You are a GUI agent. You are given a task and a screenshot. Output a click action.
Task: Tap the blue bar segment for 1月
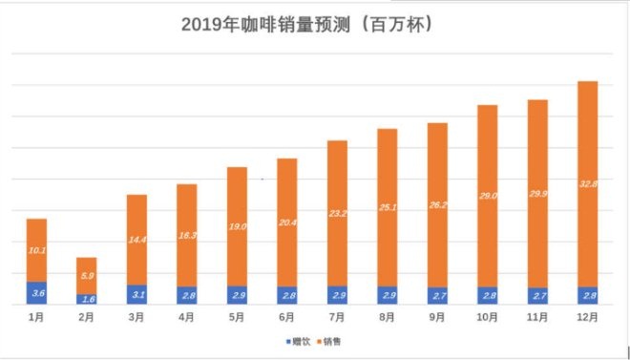pyautogui.click(x=36, y=293)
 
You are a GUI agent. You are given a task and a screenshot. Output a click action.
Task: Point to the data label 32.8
pyautogui.click(x=588, y=183)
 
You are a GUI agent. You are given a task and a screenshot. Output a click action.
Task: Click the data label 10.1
pyautogui.click(x=36, y=250)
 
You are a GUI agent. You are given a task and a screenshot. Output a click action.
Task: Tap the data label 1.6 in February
pyautogui.click(x=87, y=300)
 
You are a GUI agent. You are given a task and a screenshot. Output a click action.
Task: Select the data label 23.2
pyautogui.click(x=337, y=216)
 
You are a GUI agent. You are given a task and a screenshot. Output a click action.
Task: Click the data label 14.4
pyautogui.click(x=136, y=241)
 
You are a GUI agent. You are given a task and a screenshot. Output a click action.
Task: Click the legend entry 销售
pyautogui.click(x=331, y=340)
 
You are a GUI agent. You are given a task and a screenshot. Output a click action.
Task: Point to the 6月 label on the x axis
pyautogui.click(x=287, y=317)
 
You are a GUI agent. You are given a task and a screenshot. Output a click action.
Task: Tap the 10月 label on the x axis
pyautogui.click(x=488, y=317)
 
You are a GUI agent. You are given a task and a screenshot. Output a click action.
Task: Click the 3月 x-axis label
pyautogui.click(x=136, y=317)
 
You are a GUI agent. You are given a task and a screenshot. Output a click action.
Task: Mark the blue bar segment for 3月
pyautogui.click(x=136, y=295)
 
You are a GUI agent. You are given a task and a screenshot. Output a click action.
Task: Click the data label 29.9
pyautogui.click(x=538, y=194)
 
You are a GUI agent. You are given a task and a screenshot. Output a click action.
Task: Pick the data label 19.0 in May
pyautogui.click(x=237, y=226)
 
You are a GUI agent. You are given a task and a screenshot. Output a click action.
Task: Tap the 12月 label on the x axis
pyautogui.click(x=588, y=317)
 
